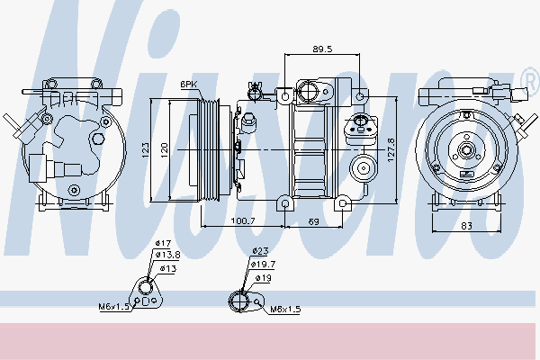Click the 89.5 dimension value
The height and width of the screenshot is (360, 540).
coord(322,49)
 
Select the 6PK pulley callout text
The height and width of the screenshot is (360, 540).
coord(188,85)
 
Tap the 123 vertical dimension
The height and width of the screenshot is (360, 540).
coord(145,150)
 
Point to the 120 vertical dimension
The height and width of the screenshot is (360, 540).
coord(165,150)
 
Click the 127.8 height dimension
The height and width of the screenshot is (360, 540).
coord(391,150)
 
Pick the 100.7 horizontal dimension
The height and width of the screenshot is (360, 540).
coord(243,221)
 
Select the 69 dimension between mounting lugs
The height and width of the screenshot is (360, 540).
coord(313,221)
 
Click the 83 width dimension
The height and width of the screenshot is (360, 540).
coord(466,226)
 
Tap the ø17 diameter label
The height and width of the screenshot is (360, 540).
coord(163,243)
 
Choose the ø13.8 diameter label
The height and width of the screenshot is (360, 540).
coord(167,255)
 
